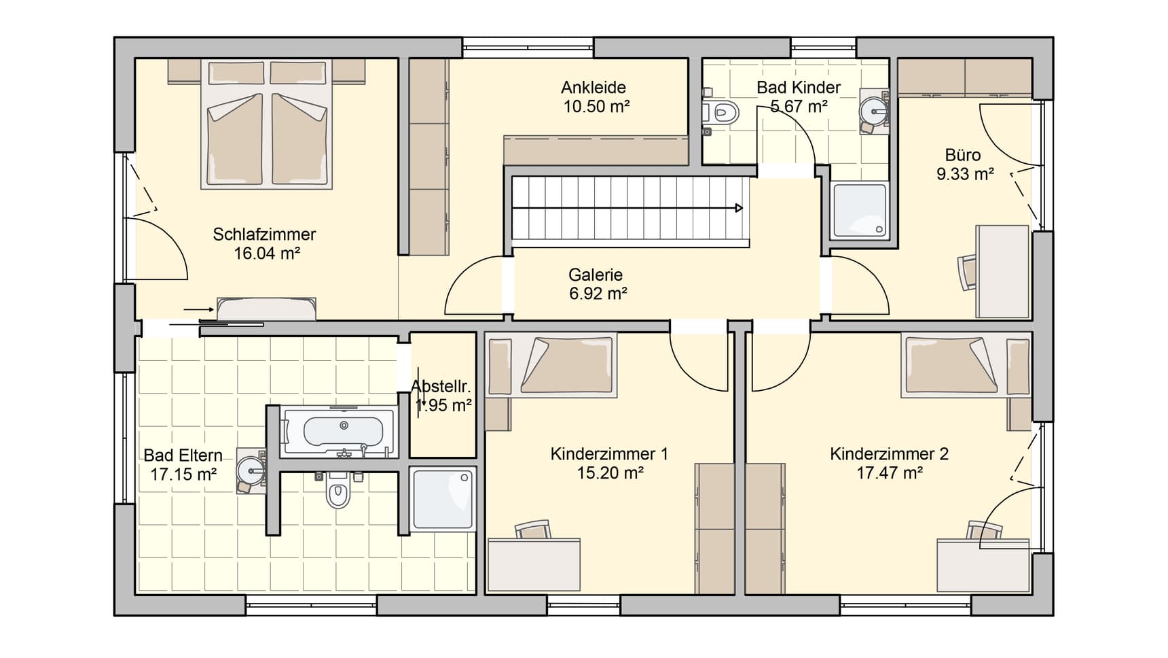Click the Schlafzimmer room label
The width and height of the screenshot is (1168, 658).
click(264, 235)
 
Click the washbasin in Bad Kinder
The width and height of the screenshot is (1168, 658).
click(874, 109)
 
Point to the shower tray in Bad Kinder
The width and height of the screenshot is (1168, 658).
click(859, 211)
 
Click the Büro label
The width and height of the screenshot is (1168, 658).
click(962, 155)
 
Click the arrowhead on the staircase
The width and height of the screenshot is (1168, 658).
click(739, 208)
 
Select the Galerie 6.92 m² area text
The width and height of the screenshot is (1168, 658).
click(598, 294)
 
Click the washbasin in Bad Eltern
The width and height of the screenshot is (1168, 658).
click(253, 469)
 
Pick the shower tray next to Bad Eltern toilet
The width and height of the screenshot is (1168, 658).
click(443, 499)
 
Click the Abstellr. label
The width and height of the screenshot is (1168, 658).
click(441, 387)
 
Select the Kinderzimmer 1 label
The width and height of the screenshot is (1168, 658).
click(609, 454)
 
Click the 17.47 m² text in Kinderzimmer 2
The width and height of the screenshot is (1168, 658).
click(889, 473)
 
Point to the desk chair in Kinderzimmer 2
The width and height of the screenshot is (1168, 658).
click(983, 532)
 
